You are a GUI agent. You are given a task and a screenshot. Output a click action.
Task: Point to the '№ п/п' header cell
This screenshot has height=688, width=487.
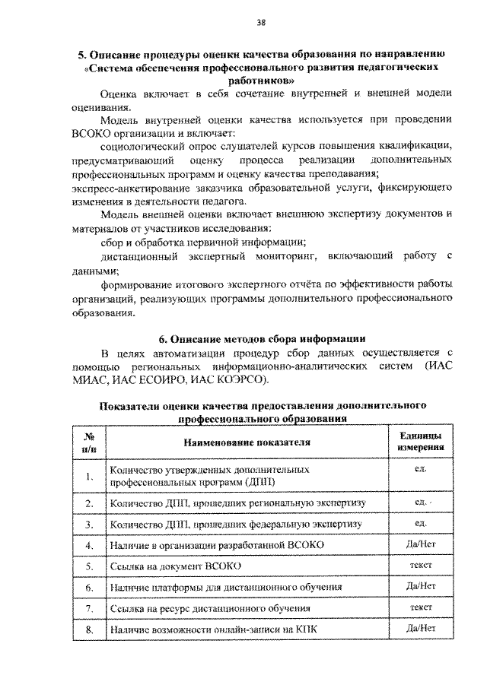coord(88,442)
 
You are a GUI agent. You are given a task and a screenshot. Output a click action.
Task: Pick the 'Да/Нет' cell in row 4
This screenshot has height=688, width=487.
coord(420,544)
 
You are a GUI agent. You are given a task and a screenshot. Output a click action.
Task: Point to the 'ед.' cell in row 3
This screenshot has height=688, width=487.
coord(420,523)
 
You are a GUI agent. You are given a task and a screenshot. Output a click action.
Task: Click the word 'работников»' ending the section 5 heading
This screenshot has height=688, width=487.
coord(261,79)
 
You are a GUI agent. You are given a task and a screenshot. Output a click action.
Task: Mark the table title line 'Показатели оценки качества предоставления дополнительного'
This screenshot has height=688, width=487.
coord(262,405)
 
